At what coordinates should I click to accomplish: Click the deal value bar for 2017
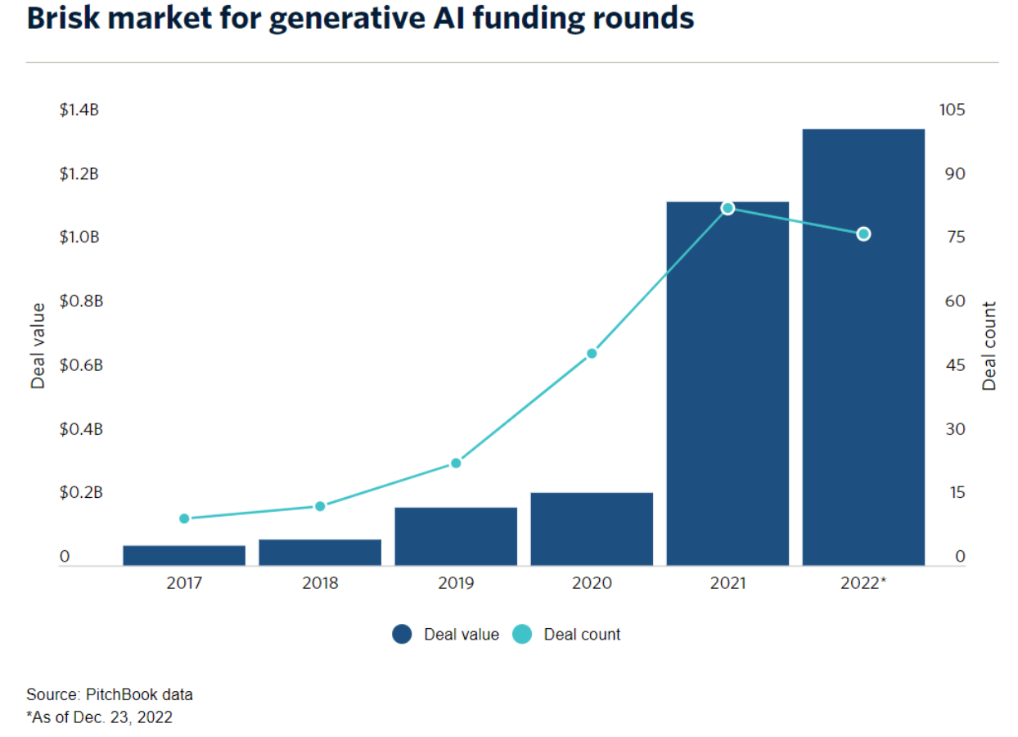(184, 555)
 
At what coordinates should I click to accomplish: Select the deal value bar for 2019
(456, 536)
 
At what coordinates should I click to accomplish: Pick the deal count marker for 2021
(727, 208)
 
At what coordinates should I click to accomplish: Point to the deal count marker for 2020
(592, 354)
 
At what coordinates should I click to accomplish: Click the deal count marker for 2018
(320, 506)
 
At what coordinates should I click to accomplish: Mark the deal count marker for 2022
(863, 234)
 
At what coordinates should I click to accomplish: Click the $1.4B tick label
(79, 110)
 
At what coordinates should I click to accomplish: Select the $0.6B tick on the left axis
(81, 365)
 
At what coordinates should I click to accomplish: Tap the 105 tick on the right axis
(954, 110)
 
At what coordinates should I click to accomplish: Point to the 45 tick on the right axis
(956, 365)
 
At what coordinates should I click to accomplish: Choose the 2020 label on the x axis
(592, 584)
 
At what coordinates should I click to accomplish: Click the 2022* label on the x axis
(864, 584)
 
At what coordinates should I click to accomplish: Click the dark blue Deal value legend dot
(402, 635)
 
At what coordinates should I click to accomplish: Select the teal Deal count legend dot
(522, 635)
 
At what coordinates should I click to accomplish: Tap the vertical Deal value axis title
(38, 346)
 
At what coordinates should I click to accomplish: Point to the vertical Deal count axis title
(989, 346)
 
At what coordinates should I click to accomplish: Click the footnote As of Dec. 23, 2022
(100, 717)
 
